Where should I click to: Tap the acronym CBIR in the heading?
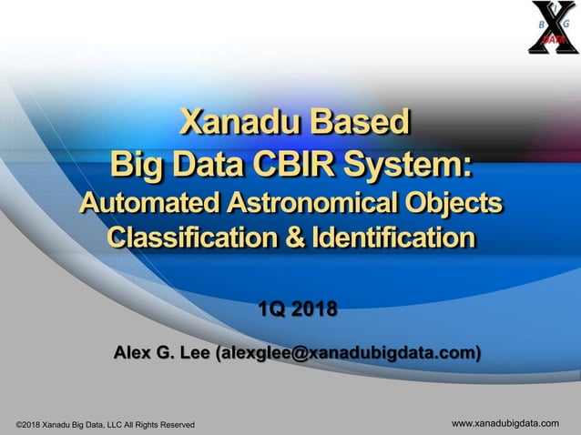295,165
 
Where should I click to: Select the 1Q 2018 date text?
297,310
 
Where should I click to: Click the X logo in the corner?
553,28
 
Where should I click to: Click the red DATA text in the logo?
553,40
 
